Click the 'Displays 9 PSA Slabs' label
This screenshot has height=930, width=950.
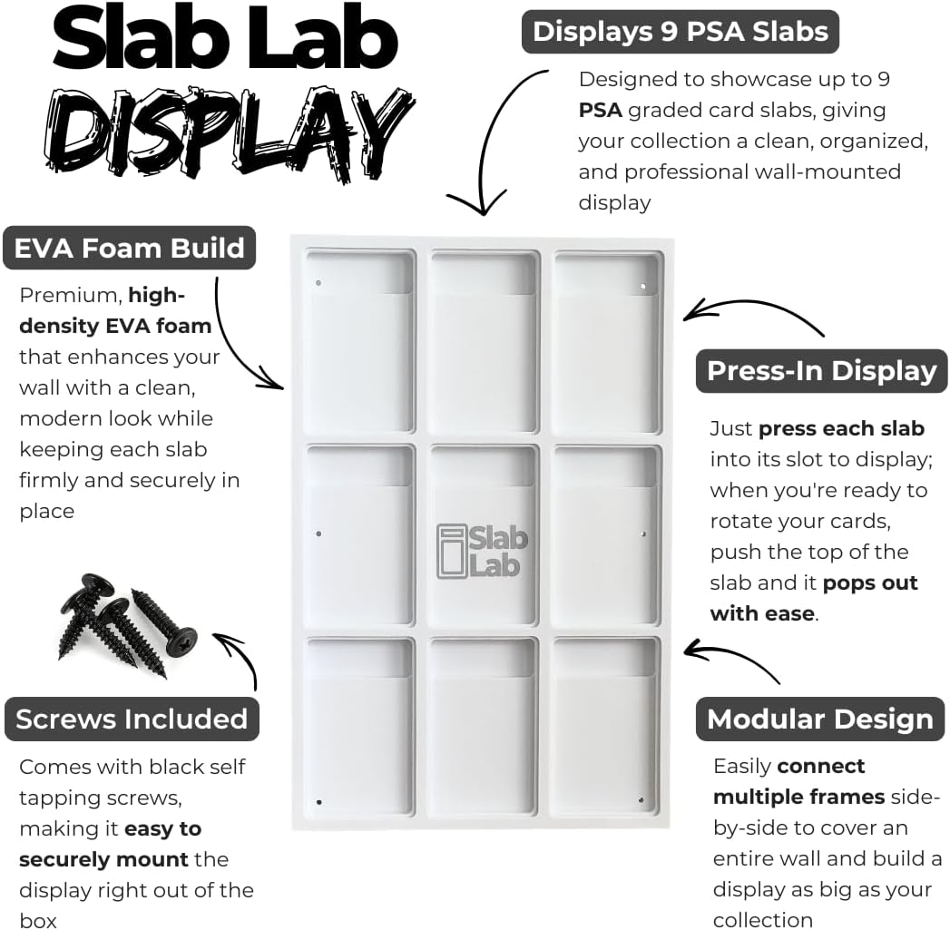coord(680,32)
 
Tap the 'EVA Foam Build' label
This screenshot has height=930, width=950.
coord(130,249)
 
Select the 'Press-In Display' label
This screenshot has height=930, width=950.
coord(821,371)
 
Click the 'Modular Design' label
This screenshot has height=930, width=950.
coord(820,719)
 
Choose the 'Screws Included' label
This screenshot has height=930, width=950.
coord(132,719)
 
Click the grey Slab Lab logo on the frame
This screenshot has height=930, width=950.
coord(482,550)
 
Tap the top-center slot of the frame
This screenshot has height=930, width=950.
coord(484,342)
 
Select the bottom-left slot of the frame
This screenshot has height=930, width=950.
coord(359,728)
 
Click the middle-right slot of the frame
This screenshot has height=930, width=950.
coord(606,534)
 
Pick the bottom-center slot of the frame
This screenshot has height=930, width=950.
coord(484,728)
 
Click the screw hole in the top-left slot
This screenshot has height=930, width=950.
coord(318,283)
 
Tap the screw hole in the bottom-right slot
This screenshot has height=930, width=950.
coord(641,799)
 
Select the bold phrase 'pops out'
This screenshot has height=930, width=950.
coord(870,582)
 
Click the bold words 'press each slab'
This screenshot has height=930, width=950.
coord(841,428)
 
